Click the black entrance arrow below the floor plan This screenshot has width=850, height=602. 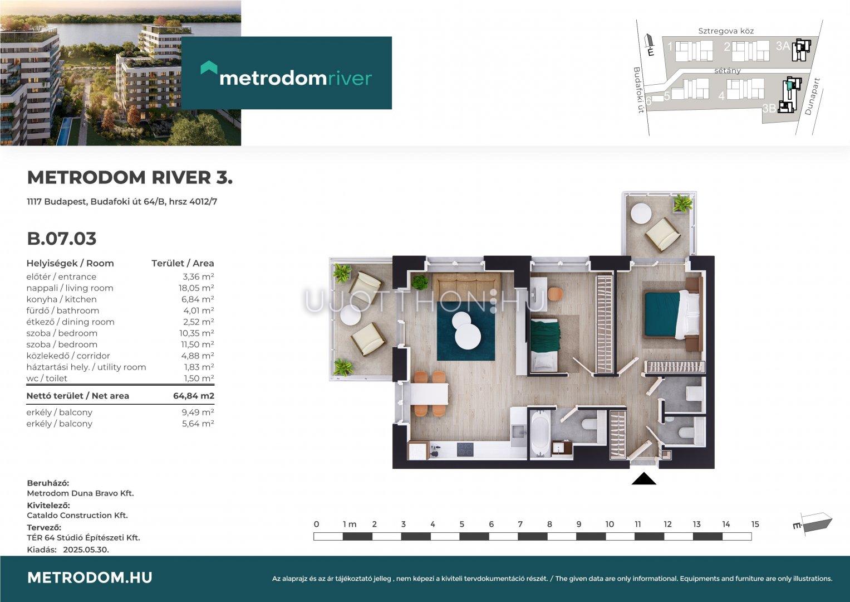644,479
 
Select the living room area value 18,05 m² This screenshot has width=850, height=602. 196,288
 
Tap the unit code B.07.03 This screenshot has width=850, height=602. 62,239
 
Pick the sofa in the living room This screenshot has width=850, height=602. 466,283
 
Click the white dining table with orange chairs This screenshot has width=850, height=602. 430,394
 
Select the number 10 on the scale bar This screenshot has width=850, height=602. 610,525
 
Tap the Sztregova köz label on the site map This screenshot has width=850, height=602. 726,31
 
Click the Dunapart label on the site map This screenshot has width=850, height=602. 812,96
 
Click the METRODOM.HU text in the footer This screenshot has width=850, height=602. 90,577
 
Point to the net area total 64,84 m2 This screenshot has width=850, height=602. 194,396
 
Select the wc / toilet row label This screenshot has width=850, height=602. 47,378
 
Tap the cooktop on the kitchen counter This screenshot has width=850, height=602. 465,450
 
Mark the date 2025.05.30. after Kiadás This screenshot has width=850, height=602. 86,550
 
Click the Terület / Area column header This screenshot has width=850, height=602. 183,263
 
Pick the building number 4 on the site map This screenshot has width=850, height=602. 721,96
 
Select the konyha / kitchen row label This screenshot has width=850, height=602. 61,299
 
